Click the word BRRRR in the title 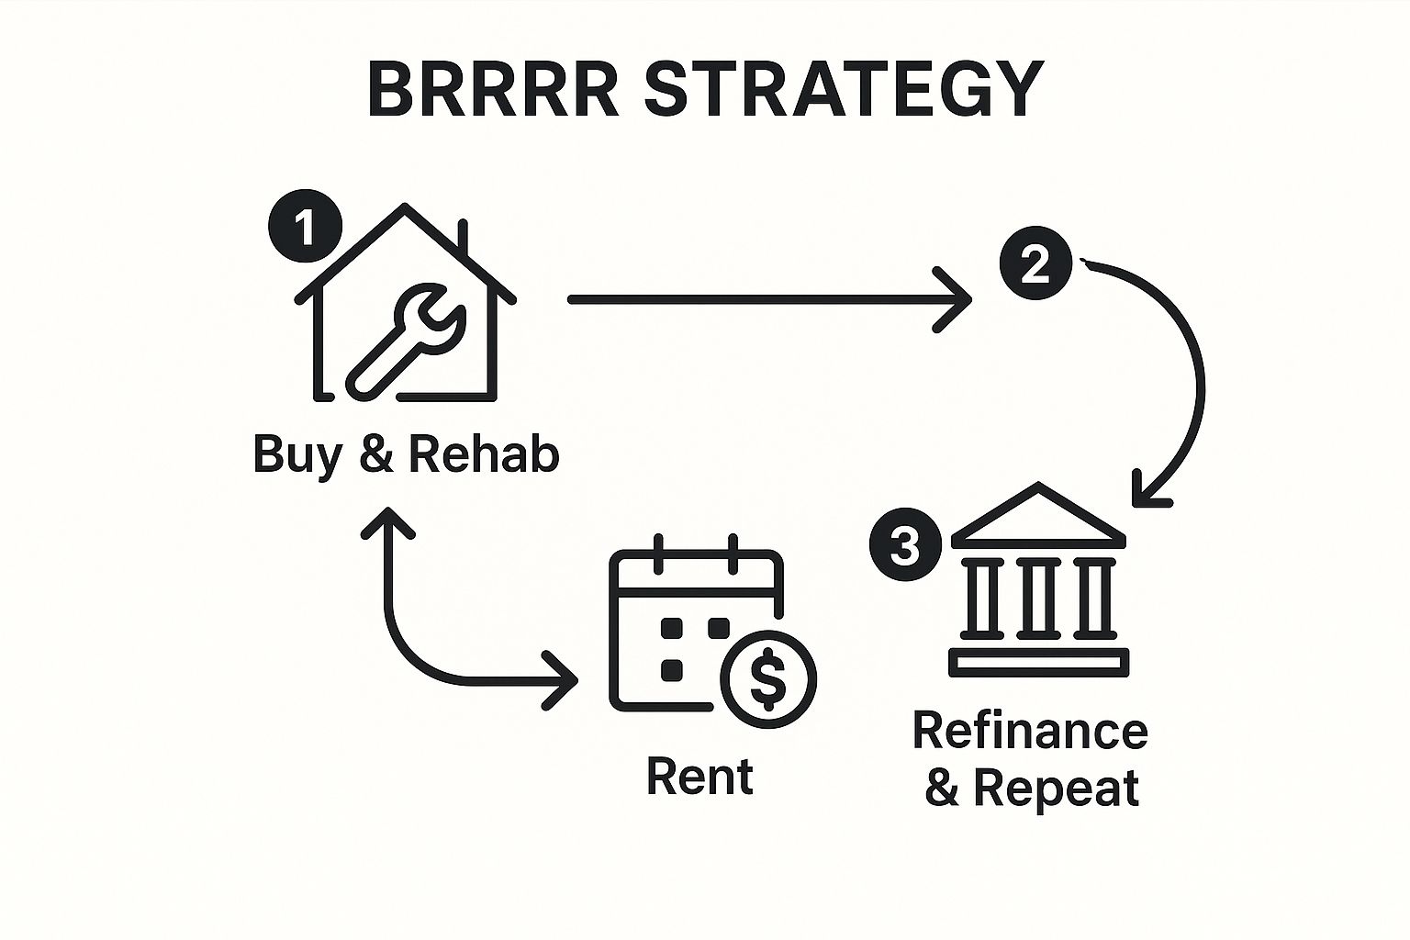click(x=493, y=90)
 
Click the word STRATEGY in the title click(x=844, y=90)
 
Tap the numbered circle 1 click(x=305, y=226)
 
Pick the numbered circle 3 click(x=905, y=547)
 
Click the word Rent click(x=699, y=777)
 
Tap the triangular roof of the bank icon click(x=1038, y=518)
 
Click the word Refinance click(x=1030, y=732)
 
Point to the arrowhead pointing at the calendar click(x=563, y=680)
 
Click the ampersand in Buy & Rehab click(x=376, y=454)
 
